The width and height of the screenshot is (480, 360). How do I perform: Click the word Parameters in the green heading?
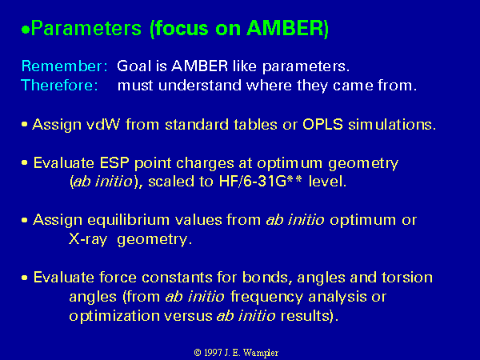coord(86,29)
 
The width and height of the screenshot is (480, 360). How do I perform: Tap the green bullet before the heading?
coord(26,30)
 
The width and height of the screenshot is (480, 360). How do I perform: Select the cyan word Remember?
coord(64,66)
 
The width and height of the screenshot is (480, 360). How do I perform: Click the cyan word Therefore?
coord(59,85)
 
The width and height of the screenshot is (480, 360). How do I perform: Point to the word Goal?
coord(134,66)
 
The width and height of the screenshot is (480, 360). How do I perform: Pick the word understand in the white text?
coord(200,85)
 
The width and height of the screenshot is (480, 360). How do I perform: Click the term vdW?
coord(103,125)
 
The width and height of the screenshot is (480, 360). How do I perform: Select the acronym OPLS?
coord(322,125)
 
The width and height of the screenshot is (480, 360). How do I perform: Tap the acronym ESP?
coord(114,163)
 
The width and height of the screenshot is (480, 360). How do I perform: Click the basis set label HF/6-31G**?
coord(261,182)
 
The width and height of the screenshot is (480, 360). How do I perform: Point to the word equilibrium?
coord(155,221)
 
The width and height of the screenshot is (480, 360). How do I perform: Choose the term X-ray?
coord(88,239)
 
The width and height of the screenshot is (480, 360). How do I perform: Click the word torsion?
coord(407,278)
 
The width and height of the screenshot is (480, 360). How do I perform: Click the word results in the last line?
coord(307,316)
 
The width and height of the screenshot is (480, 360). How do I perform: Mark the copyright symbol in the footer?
coord(198,353)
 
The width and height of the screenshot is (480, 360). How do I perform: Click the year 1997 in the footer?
coord(213,353)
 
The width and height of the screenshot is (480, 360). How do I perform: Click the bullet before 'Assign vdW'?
coord(25,125)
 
